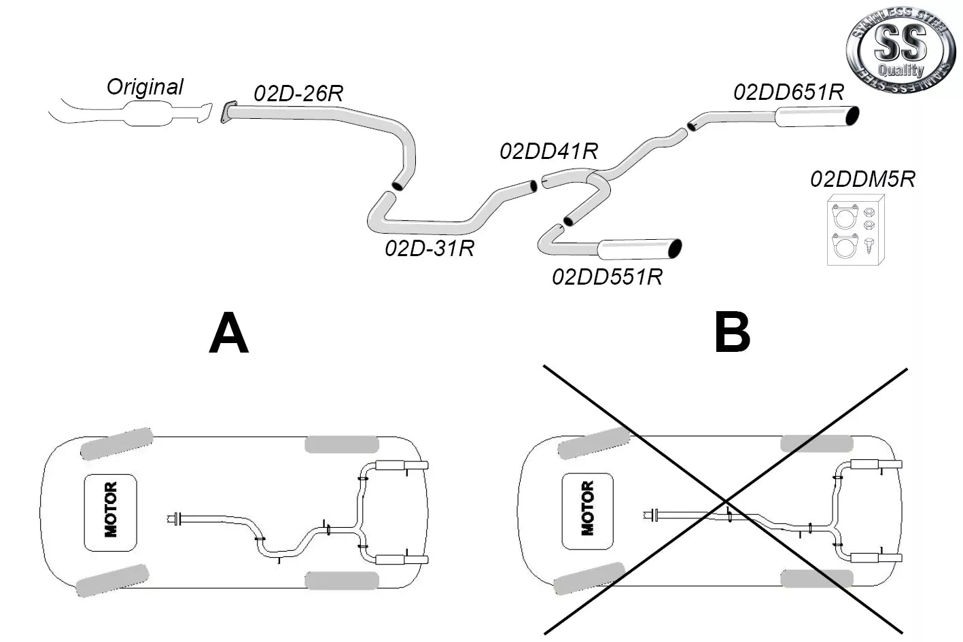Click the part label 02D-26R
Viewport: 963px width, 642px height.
pos(298,93)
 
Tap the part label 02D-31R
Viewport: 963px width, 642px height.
pos(429,248)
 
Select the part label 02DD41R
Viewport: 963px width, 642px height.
pos(548,151)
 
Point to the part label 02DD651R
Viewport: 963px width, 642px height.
pos(788,92)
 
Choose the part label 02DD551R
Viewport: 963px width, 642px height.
pos(607,277)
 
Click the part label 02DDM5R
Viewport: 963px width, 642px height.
pos(862,179)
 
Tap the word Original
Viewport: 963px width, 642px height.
pos(145,87)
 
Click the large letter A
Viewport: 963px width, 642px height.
pos(228,333)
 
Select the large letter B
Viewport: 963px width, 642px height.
pos(732,333)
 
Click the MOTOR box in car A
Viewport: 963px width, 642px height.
pos(111,512)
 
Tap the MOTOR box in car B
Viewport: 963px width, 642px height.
pos(588,512)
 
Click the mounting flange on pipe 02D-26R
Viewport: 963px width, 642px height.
pos(228,113)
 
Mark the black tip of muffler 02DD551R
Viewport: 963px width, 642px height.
pos(675,249)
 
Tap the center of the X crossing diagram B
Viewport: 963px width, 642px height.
pos(726,501)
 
